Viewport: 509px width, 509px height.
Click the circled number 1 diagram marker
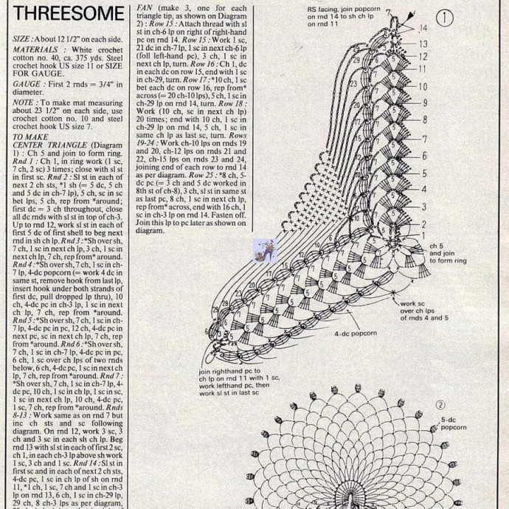[x=445, y=17]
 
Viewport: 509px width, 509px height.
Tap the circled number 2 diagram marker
[x=440, y=404]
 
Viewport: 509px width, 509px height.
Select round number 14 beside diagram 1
[x=423, y=28]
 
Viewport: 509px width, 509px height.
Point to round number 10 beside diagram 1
[x=423, y=86]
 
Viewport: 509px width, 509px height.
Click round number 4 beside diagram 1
[x=423, y=190]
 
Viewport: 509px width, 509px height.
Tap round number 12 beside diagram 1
[x=423, y=57]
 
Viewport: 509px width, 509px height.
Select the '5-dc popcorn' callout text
[x=454, y=423]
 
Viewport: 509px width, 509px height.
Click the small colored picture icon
[x=262, y=251]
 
